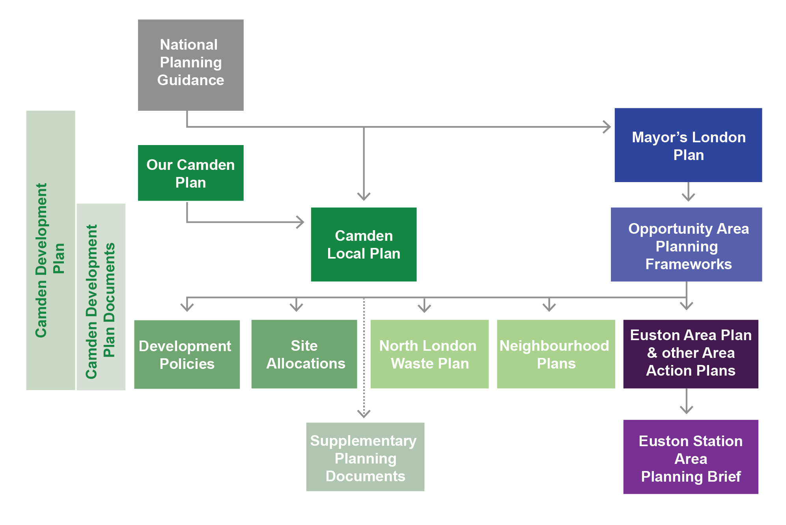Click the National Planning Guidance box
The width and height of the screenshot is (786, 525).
click(190, 65)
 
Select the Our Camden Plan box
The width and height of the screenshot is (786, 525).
click(190, 173)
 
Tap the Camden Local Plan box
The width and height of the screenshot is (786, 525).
click(364, 244)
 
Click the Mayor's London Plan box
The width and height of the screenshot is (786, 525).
click(688, 145)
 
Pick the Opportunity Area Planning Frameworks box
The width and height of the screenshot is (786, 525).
click(686, 244)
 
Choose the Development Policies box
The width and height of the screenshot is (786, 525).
click(187, 354)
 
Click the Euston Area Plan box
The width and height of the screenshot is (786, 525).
click(691, 354)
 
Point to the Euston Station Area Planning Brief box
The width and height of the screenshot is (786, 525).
click(691, 457)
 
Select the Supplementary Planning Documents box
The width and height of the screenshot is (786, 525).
click(365, 457)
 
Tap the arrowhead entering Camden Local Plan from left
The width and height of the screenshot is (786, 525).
click(301, 222)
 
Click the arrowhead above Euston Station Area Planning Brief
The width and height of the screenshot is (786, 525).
click(687, 410)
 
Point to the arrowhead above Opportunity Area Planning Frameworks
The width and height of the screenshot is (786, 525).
click(688, 197)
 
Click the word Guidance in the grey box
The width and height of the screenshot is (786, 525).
click(190, 80)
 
